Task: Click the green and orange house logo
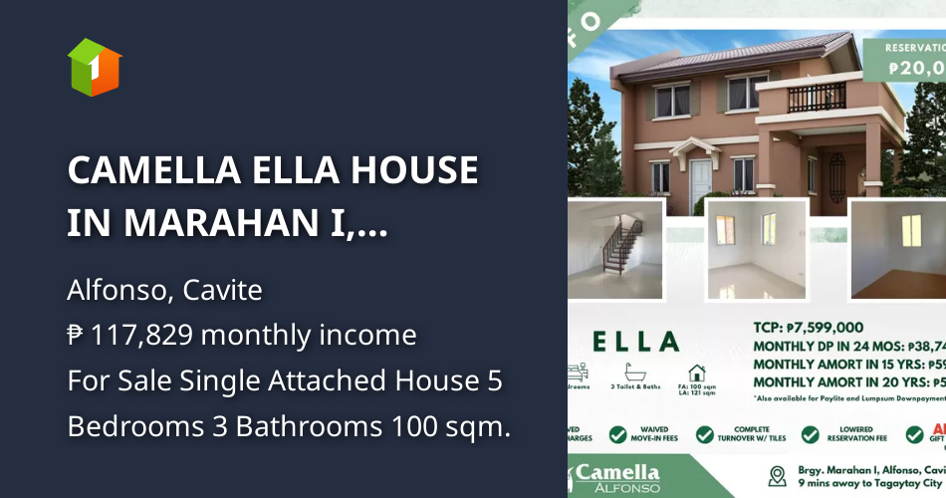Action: click(x=95, y=67)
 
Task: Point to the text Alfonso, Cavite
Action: click(x=164, y=290)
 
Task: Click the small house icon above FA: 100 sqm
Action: click(x=697, y=373)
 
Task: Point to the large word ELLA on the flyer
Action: click(x=636, y=342)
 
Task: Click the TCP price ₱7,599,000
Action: click(x=809, y=327)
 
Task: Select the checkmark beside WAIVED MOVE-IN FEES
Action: click(x=618, y=435)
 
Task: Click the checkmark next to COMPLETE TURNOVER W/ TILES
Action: click(x=705, y=435)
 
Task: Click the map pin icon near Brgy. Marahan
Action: click(x=778, y=475)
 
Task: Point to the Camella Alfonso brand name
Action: click(x=617, y=476)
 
